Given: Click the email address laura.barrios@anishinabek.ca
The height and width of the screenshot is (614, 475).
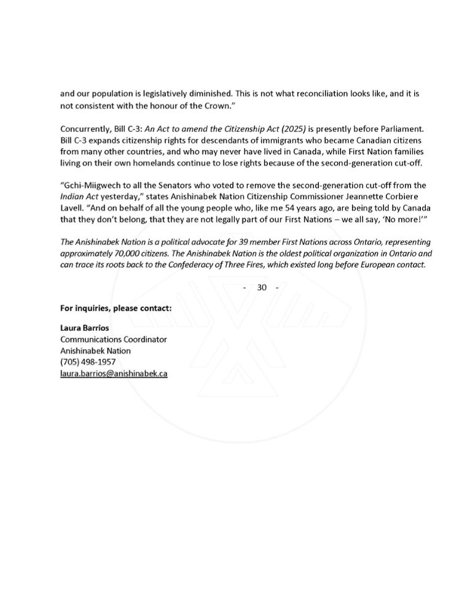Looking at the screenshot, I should point(114,373).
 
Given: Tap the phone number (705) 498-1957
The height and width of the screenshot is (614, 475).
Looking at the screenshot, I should point(87,362).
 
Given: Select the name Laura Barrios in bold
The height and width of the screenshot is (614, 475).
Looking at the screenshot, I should point(84,328).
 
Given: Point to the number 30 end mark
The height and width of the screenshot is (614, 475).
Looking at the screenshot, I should point(262,287).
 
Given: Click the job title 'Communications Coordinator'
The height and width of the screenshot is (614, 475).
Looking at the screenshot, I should point(113,340).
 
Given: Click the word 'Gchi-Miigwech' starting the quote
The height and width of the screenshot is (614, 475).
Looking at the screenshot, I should point(89,185).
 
